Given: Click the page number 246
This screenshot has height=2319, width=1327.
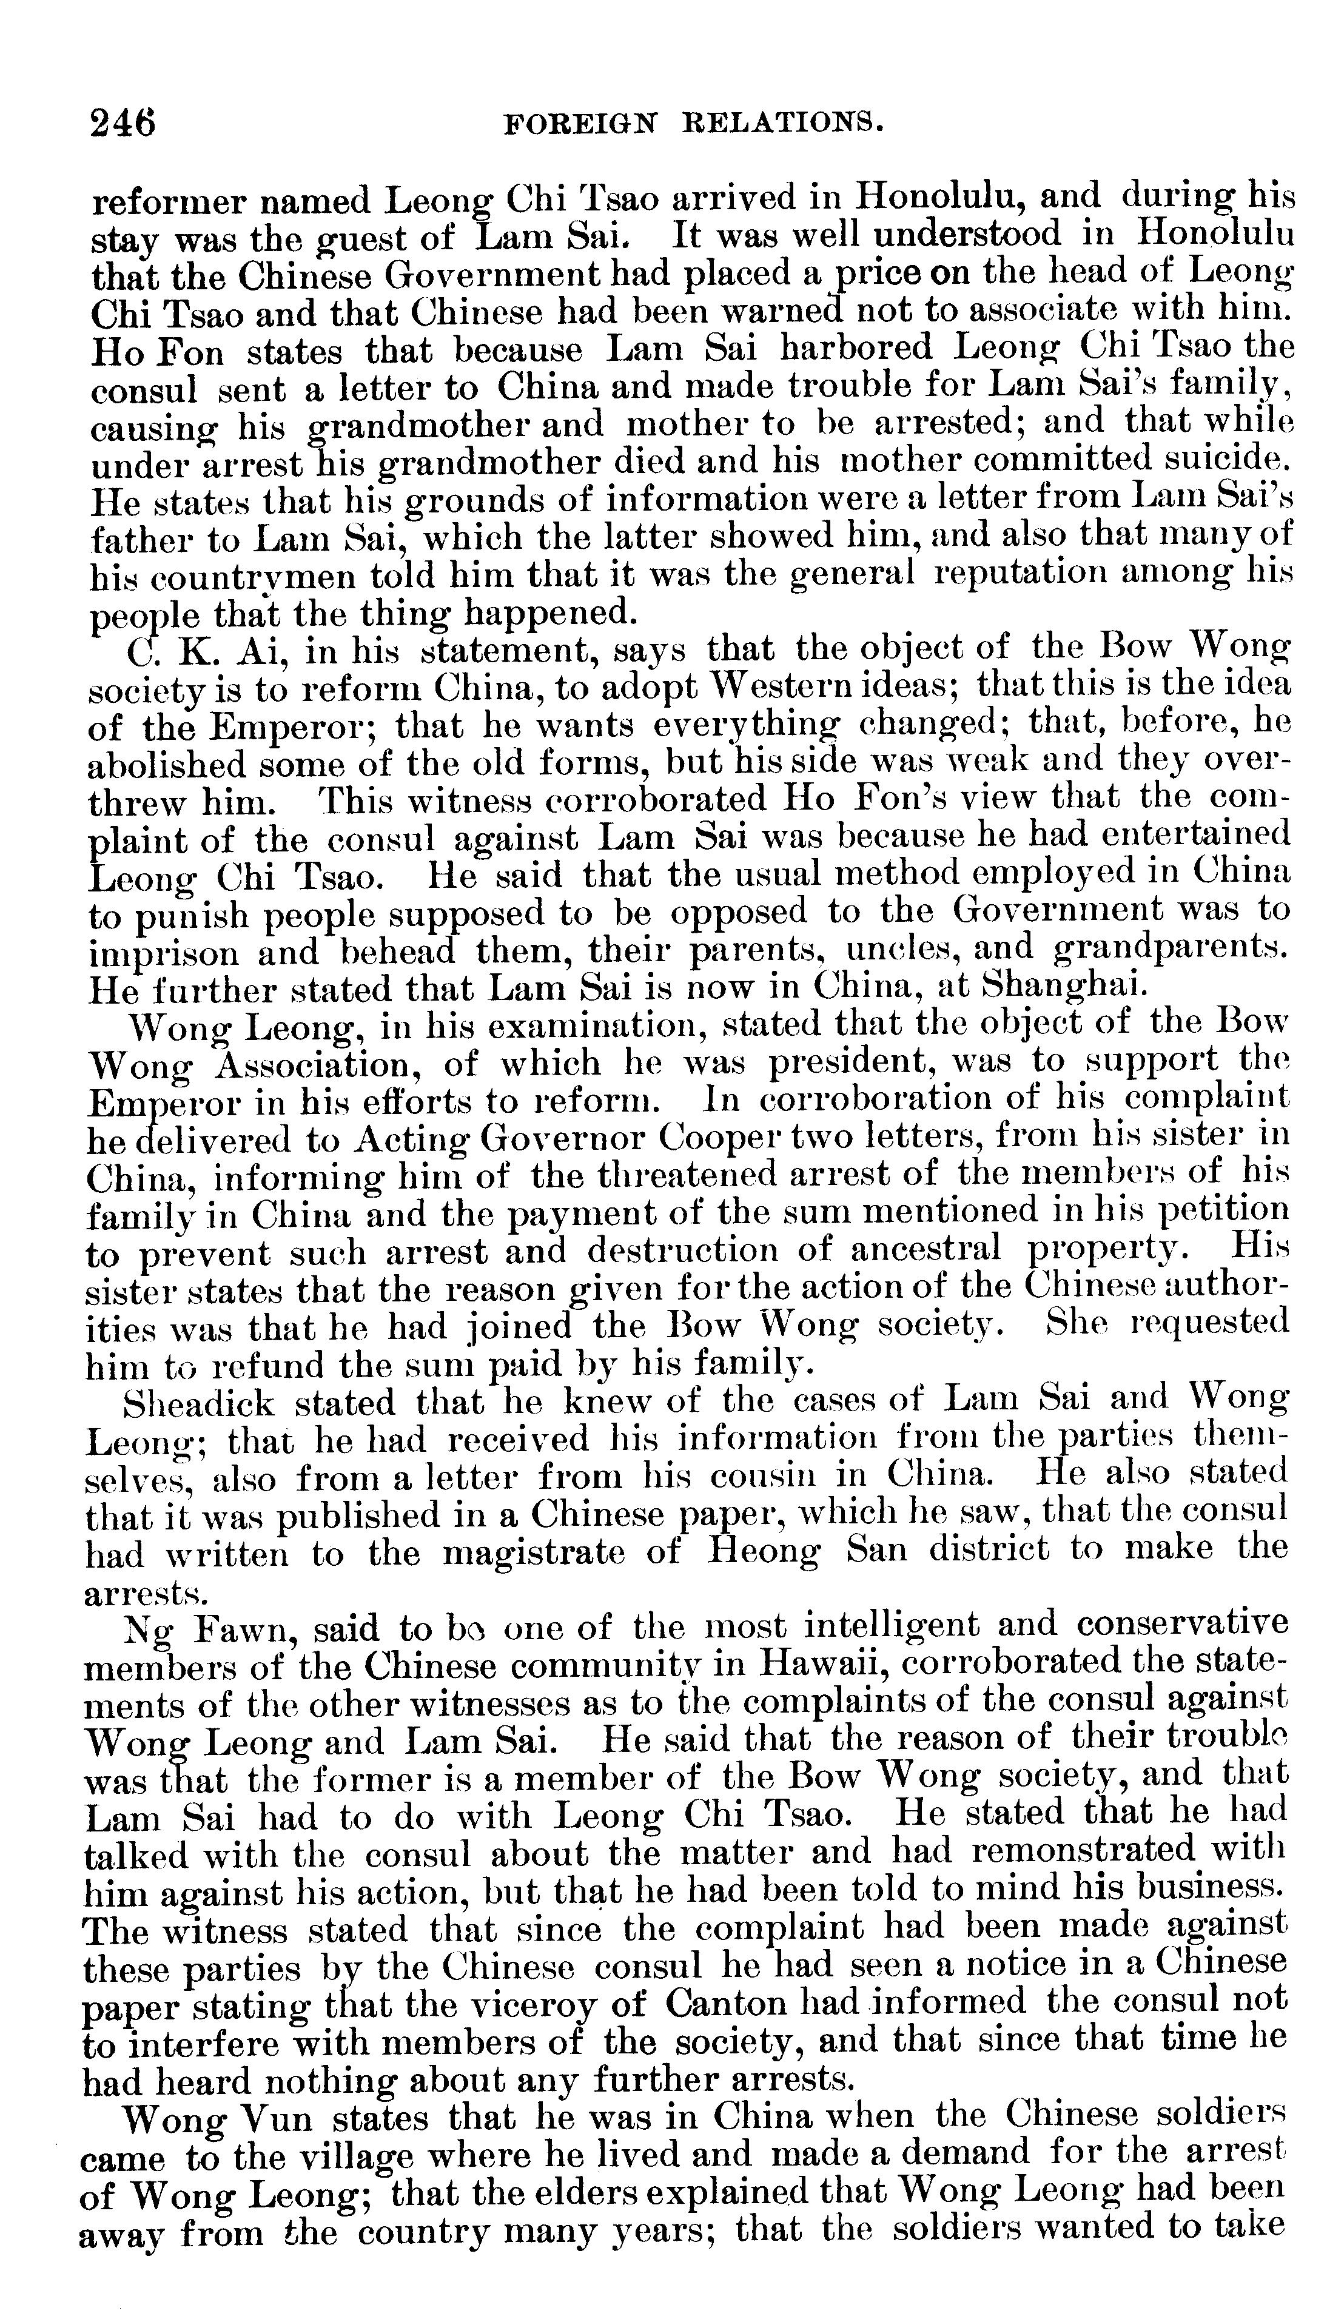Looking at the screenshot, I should coord(123,122).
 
